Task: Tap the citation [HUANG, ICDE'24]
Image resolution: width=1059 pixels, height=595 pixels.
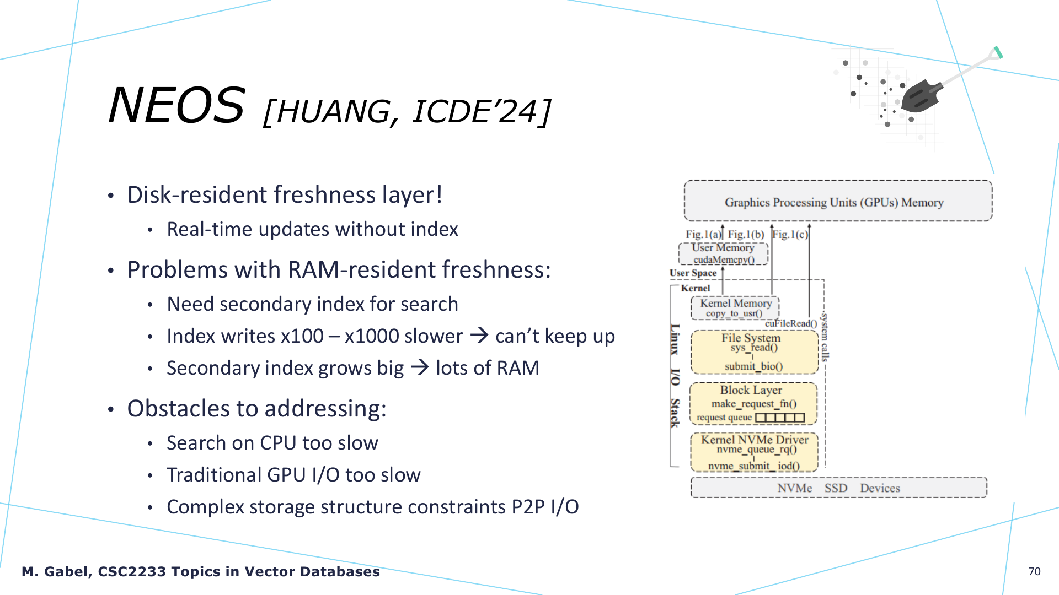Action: (407, 112)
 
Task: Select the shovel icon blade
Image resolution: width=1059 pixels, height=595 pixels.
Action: (922, 96)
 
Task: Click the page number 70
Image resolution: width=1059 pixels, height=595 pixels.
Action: (1034, 571)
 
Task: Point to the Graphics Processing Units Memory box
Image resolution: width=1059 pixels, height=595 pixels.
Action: (838, 201)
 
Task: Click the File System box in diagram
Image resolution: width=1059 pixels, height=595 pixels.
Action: (754, 352)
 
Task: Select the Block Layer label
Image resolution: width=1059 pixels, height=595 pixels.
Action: (751, 390)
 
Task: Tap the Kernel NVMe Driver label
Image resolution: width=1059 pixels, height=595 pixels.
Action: (755, 439)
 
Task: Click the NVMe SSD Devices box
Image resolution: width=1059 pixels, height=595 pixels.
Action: (838, 488)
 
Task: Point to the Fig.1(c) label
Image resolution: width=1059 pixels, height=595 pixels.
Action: (790, 235)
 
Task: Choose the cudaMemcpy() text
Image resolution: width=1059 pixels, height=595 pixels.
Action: (724, 259)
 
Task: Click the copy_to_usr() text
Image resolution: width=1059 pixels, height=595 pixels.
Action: (734, 313)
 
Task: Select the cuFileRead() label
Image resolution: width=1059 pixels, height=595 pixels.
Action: (791, 323)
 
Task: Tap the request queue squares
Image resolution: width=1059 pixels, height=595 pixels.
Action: (780, 418)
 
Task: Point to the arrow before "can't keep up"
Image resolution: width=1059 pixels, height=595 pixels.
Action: (479, 335)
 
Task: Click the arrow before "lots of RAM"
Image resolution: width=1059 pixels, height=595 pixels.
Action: (420, 367)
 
